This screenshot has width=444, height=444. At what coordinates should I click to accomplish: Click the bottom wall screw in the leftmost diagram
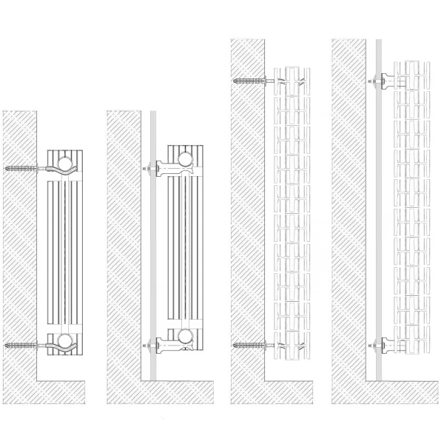(x=22, y=345)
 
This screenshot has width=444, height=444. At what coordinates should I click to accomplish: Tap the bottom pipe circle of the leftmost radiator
(x=63, y=341)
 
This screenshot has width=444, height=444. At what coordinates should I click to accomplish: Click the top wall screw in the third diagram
(x=247, y=80)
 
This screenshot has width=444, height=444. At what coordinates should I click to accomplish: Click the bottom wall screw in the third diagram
(x=247, y=345)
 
